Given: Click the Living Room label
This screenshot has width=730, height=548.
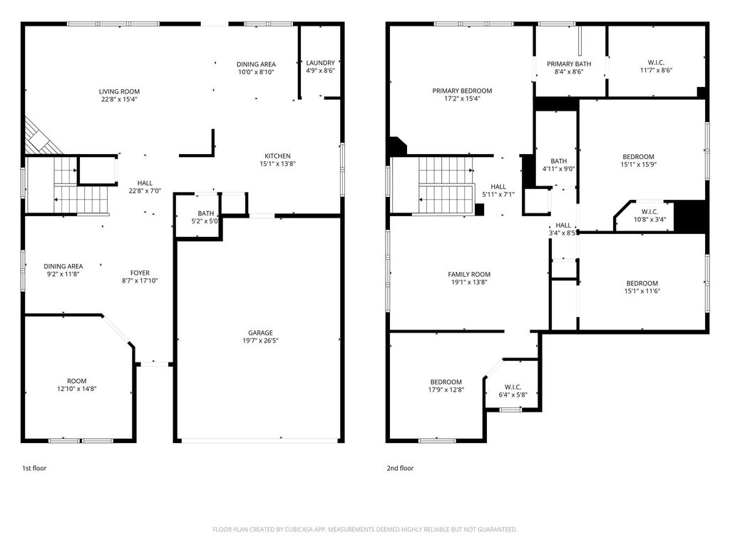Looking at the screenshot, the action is click(x=119, y=91).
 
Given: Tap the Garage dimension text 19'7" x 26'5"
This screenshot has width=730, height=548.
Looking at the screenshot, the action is click(x=260, y=340).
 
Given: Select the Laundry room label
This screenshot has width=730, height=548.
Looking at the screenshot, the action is click(x=320, y=63).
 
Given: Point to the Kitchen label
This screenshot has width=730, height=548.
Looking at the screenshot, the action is click(x=277, y=156).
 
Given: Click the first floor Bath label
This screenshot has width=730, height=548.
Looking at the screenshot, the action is click(x=206, y=213).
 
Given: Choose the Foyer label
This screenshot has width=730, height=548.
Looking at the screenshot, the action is click(x=140, y=273).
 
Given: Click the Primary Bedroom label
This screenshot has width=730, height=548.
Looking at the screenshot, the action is click(x=462, y=91).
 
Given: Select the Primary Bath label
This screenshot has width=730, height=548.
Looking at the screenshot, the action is click(x=569, y=64).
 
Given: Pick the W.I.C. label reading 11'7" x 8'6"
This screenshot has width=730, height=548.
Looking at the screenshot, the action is click(x=656, y=63).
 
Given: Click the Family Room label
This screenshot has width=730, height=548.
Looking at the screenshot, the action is click(x=469, y=275).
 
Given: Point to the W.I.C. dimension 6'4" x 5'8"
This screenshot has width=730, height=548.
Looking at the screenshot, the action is click(x=513, y=395).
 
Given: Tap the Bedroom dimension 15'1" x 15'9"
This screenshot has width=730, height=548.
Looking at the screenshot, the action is click(x=638, y=164).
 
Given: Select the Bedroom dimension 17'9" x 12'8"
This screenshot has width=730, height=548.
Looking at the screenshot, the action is click(x=446, y=390).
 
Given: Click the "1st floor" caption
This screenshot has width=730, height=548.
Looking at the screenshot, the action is click(x=34, y=468).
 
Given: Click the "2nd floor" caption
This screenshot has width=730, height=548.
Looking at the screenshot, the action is click(x=400, y=468).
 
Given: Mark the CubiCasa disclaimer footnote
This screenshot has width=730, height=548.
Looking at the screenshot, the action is click(x=365, y=529).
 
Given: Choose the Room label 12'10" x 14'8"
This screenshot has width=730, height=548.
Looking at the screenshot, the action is click(x=77, y=381).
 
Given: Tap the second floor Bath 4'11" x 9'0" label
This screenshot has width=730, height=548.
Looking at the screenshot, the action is click(x=559, y=161).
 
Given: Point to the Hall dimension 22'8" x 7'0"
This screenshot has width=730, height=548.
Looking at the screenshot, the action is click(x=145, y=191).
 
